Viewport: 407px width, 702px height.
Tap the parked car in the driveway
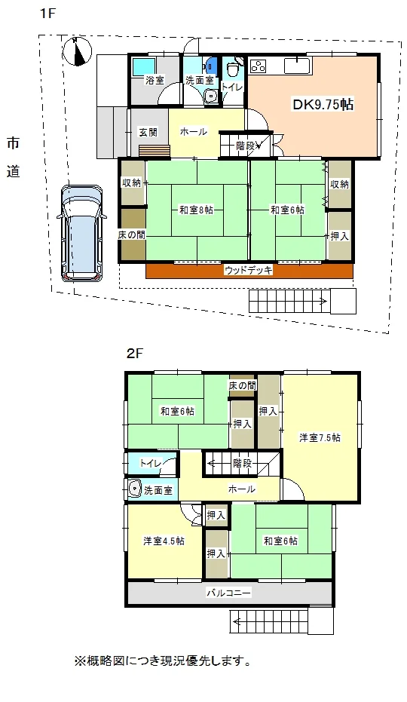click(x=81, y=233)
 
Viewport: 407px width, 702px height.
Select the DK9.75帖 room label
click(x=323, y=105)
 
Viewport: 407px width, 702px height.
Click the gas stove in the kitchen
click(x=258, y=66)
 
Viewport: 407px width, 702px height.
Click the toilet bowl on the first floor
click(x=232, y=69)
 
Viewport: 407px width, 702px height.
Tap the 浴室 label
click(x=155, y=81)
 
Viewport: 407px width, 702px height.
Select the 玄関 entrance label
click(x=147, y=132)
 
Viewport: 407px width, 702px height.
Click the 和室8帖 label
click(x=196, y=210)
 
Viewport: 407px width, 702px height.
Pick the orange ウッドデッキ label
click(x=249, y=270)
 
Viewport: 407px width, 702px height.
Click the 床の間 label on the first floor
click(x=132, y=235)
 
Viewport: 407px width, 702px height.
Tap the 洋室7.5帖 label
click(x=320, y=437)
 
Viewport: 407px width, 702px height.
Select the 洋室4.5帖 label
click(x=164, y=541)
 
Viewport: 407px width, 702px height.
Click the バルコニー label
click(x=228, y=593)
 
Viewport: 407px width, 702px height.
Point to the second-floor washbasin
click(x=134, y=489)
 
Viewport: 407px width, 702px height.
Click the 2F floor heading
click(x=134, y=354)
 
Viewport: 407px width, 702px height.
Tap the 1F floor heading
click(x=47, y=14)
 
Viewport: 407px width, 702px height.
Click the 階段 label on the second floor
click(x=242, y=464)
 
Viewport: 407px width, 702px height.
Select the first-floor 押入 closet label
click(x=339, y=236)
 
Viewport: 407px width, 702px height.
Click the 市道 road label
click(x=14, y=157)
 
